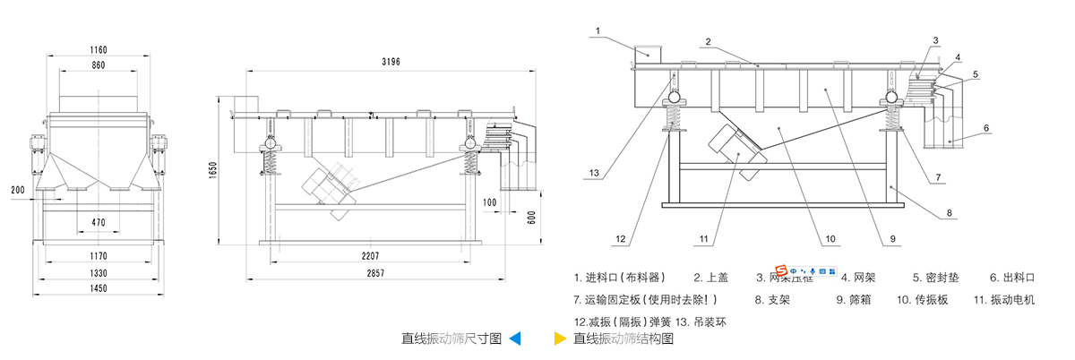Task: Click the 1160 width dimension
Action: click(99, 49)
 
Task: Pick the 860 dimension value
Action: click(99, 66)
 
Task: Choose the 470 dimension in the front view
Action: click(99, 221)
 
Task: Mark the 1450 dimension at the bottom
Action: click(99, 288)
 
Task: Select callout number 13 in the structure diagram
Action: click(594, 173)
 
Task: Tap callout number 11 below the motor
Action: click(703, 239)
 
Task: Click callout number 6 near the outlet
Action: click(985, 128)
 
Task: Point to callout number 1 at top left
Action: click(596, 30)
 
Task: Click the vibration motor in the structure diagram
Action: click(737, 148)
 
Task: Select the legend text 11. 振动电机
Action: click(1003, 300)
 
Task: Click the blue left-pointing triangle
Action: click(515, 339)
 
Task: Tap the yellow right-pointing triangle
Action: click(560, 339)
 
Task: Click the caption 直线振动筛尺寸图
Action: click(451, 339)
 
